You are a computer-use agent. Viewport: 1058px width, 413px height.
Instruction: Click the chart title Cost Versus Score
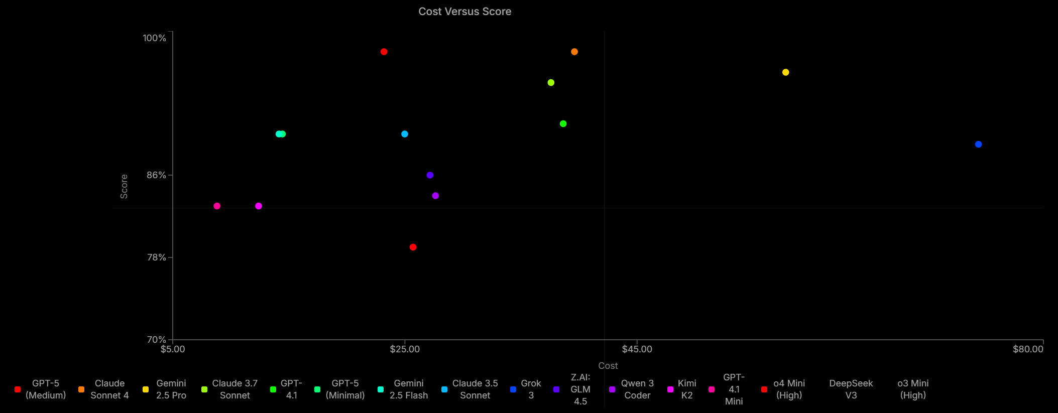[x=465, y=12]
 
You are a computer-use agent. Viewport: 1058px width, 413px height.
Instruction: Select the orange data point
[x=574, y=52]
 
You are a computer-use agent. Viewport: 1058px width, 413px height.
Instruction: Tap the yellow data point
[x=786, y=72]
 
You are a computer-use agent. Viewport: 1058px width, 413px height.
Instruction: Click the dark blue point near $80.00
[x=978, y=145]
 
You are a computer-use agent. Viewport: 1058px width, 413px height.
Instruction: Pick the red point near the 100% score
[x=384, y=52]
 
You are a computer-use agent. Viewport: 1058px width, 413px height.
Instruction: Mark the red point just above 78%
[x=413, y=247]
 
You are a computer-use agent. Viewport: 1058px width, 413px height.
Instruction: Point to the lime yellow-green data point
[x=551, y=83]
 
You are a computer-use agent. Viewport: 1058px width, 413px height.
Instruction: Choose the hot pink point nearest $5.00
[x=217, y=206]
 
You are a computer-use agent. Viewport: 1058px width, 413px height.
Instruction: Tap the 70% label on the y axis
[x=156, y=340]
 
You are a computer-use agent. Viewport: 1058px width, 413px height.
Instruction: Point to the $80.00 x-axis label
[x=1028, y=349]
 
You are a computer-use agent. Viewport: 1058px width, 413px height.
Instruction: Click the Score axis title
[x=124, y=186]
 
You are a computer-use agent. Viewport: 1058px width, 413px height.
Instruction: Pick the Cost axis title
[x=608, y=366]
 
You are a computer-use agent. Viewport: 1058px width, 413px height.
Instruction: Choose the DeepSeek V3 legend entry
[x=851, y=389]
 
